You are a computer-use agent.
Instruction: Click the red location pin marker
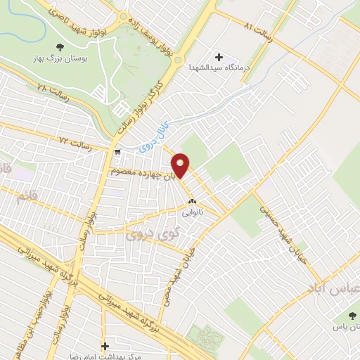tap(181, 166)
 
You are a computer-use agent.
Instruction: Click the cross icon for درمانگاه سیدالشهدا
tap(219, 57)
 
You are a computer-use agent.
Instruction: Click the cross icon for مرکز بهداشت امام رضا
tap(105, 346)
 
